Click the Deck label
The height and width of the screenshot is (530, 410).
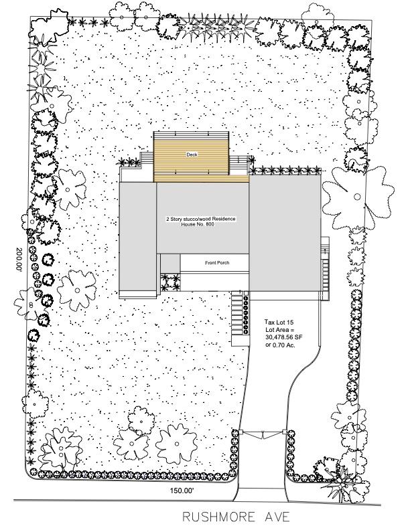[192, 155]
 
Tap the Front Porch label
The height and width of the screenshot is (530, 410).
[217, 262]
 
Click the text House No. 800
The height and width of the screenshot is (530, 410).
[198, 224]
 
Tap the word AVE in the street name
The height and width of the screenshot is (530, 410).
[277, 517]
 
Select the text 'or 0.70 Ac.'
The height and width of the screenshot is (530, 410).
[280, 345]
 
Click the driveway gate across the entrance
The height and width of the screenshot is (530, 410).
[263, 434]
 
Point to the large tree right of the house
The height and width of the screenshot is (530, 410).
[358, 196]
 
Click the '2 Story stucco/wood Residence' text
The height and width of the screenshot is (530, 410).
[200, 219]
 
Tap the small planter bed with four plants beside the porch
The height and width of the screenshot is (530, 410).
[170, 282]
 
